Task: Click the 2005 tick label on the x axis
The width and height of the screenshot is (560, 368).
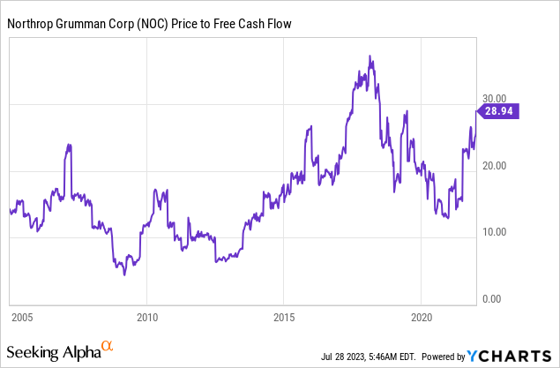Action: coord(22,316)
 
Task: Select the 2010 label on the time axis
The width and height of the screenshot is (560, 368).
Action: coord(147,316)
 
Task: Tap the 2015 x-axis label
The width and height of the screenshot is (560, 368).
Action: coord(284,316)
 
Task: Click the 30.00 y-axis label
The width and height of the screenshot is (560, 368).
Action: coord(494,99)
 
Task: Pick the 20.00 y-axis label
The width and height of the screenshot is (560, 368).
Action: coord(494,166)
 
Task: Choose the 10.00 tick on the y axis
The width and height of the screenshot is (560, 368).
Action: coord(494,233)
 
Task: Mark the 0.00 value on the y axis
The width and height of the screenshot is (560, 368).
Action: coord(497,299)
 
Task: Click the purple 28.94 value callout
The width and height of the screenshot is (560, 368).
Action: coord(504,111)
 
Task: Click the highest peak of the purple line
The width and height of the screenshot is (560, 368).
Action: coord(371,57)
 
